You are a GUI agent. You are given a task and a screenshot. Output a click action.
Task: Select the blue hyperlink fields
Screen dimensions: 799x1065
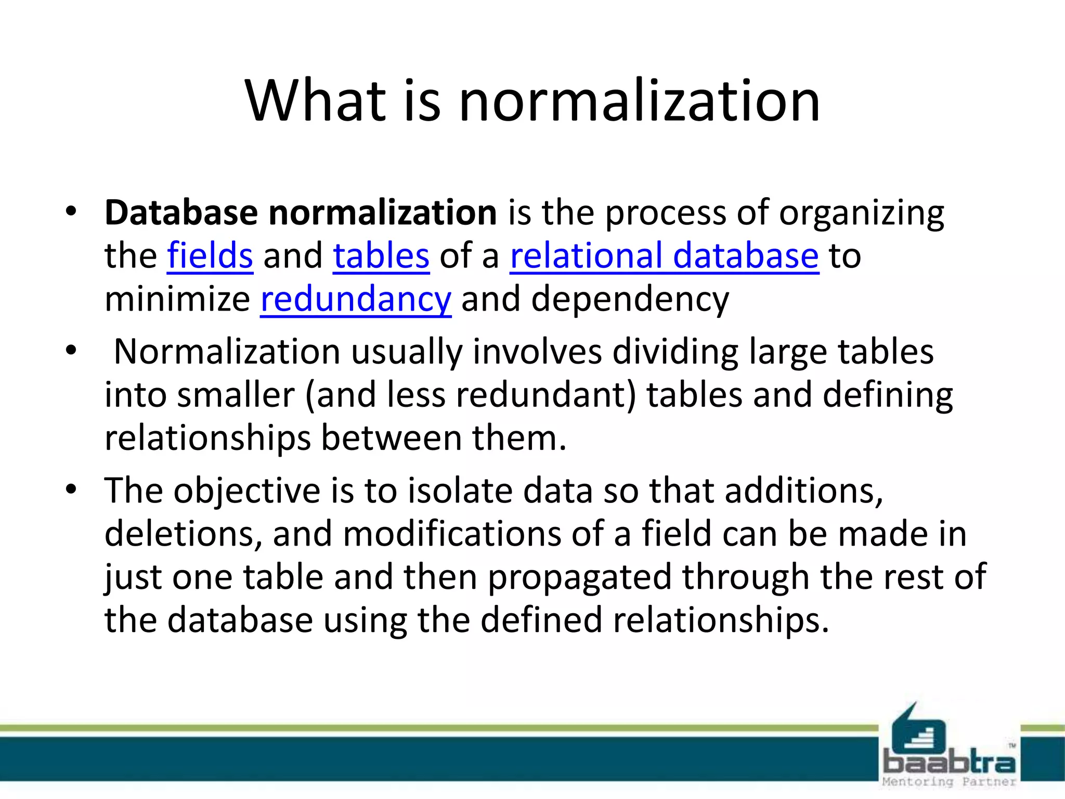click(210, 256)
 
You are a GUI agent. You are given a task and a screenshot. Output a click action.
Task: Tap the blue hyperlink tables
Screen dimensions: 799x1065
click(381, 256)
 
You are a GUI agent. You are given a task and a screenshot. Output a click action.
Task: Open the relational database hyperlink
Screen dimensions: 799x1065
click(664, 256)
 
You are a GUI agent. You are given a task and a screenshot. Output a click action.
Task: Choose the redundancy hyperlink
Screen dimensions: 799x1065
click(356, 300)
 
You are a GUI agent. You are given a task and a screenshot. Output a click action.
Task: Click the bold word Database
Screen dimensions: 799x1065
click(181, 213)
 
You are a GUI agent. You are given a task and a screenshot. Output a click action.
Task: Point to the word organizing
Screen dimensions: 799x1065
click(861, 214)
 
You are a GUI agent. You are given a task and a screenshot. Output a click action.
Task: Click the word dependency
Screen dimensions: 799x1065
click(630, 300)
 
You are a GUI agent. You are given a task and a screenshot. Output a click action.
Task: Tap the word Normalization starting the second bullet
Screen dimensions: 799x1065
click(227, 352)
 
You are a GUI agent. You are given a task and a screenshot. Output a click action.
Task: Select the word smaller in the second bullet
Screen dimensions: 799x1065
click(236, 395)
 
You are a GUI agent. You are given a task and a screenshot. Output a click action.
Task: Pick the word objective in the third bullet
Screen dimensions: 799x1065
click(247, 491)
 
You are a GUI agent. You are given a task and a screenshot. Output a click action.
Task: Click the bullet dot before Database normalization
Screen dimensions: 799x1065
click(71, 212)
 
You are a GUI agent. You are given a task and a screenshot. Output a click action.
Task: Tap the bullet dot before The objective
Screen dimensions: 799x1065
click(71, 489)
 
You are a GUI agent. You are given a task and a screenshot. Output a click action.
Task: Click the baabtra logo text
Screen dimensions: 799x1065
click(949, 763)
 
